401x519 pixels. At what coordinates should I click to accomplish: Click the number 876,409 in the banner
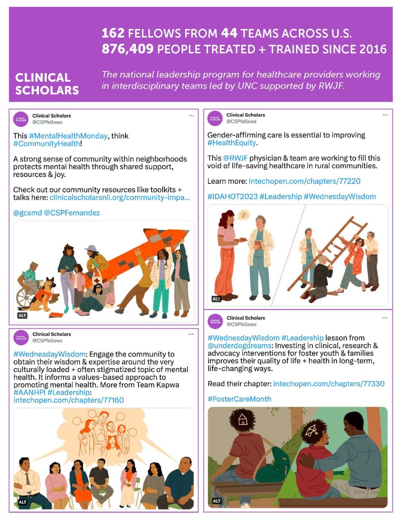(128, 49)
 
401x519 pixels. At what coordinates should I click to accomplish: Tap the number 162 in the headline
(113, 33)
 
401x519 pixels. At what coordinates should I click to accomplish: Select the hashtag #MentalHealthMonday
(68, 136)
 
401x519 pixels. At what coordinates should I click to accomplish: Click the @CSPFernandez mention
(72, 212)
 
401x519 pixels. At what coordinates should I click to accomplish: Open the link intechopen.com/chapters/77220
(305, 181)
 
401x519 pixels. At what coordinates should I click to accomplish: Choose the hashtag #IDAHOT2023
(232, 196)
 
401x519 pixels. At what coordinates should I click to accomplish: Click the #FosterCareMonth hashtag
(239, 399)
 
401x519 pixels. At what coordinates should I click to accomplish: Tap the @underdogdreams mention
(239, 346)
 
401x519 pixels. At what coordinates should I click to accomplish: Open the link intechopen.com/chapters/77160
(68, 400)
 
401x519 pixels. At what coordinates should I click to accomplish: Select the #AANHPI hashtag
(29, 392)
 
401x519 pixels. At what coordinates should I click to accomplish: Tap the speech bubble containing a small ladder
(244, 215)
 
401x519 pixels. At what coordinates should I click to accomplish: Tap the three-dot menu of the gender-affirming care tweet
(385, 115)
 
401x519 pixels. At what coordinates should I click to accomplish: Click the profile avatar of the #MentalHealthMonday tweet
(21, 119)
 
